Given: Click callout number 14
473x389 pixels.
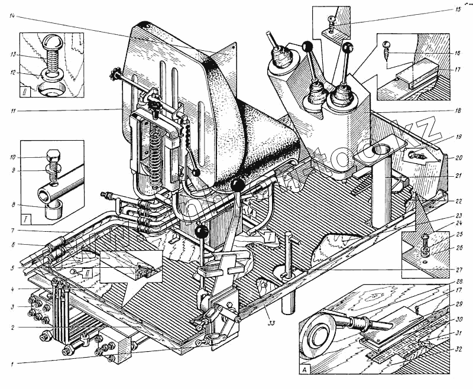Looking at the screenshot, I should tap(12, 16).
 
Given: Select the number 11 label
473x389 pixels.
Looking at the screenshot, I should tap(12, 110).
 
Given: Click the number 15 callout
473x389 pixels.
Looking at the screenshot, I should tap(458, 10).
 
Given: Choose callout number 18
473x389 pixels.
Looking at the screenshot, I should tap(458, 111).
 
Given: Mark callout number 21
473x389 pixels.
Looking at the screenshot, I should tap(458, 176).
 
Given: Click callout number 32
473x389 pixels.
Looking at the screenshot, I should tap(458, 349).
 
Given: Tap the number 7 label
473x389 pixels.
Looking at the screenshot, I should tap(12, 231).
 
